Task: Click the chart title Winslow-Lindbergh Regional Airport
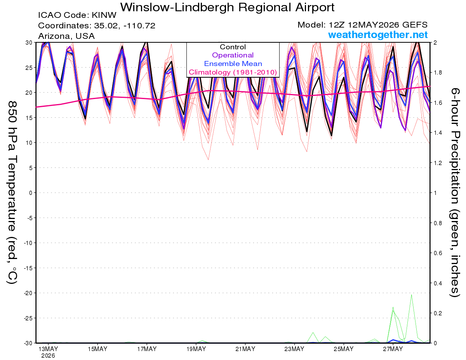click(227, 7)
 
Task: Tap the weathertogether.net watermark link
click(378, 35)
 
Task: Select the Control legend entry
click(233, 47)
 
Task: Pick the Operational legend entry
click(233, 55)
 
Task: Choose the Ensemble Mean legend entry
click(233, 64)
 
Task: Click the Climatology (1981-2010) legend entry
click(233, 72)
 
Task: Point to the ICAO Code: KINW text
click(77, 15)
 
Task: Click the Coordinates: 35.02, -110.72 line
click(97, 26)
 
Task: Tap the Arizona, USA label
click(66, 36)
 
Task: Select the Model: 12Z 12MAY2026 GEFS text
click(362, 25)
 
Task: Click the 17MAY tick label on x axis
click(147, 349)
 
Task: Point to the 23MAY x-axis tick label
click(294, 349)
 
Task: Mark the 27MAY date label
click(393, 349)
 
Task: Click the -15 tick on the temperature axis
click(28, 268)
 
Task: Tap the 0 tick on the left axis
click(31, 193)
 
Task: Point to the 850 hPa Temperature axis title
click(12, 193)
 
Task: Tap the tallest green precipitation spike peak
click(411, 295)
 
